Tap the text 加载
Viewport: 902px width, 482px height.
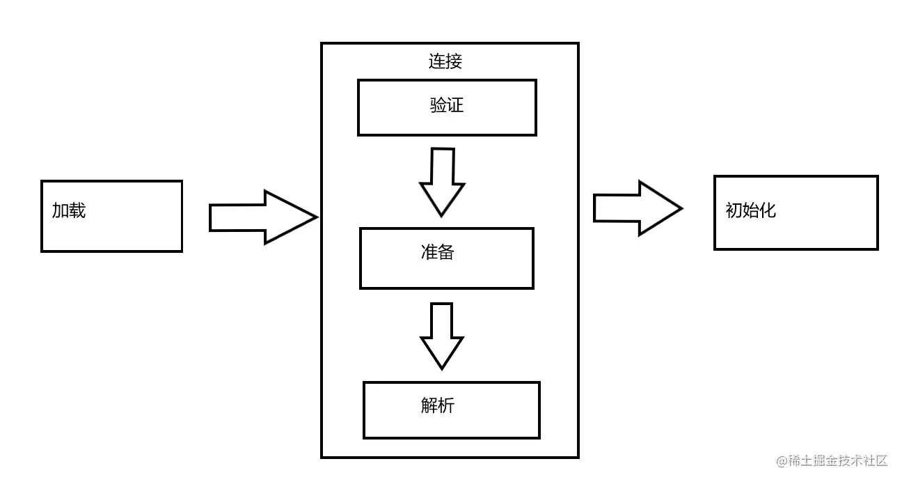pos(69,210)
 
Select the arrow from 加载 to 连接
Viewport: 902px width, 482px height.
pos(262,217)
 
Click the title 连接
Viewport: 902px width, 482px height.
pos(445,61)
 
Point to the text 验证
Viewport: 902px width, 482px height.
pos(447,106)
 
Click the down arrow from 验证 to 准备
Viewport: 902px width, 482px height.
pos(442,181)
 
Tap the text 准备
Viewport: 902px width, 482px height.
pos(438,252)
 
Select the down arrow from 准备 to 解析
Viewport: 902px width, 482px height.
pos(442,335)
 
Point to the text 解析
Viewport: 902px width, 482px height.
pos(438,405)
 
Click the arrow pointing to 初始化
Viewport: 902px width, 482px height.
pos(636,208)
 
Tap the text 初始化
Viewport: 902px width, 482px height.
pos(750,210)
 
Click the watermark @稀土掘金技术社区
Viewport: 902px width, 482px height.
pos(832,460)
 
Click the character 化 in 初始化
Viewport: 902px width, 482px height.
pos(768,210)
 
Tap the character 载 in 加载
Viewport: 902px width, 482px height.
pos(77,210)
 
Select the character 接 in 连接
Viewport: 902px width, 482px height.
pos(454,61)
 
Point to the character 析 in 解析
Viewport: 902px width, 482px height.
pos(446,405)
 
